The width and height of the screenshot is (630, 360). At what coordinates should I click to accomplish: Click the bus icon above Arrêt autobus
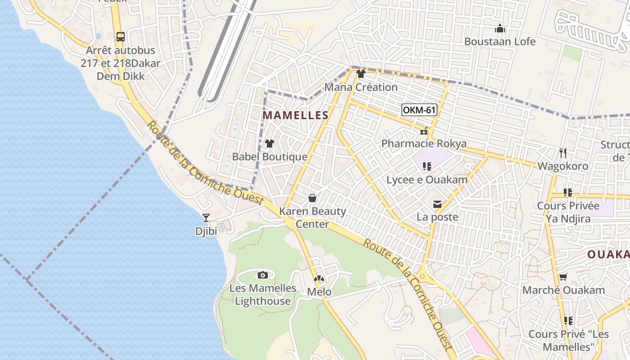120,37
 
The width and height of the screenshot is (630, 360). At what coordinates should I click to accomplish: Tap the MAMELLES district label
296,115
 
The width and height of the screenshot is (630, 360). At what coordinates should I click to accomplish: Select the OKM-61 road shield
419,110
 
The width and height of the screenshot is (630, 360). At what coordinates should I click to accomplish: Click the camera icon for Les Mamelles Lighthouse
263,275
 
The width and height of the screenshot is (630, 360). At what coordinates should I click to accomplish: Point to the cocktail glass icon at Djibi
206,218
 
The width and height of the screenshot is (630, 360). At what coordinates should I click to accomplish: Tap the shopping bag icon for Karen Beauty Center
312,198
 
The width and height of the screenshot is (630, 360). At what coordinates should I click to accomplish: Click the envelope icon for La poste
437,204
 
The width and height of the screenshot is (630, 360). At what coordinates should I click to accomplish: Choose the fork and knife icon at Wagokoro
562,153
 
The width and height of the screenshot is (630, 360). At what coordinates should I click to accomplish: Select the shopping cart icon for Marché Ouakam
563,277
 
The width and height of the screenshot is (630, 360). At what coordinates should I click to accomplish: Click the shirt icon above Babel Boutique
270,144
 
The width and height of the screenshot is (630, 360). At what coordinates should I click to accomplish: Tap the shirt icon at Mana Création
360,74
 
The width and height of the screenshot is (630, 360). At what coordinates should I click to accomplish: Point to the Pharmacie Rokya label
424,144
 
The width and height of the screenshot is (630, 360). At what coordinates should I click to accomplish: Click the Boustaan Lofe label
500,42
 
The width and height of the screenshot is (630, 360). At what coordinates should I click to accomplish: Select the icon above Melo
319,279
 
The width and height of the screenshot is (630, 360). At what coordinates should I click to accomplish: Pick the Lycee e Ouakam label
427,180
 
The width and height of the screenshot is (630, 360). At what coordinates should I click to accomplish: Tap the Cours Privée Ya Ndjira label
568,212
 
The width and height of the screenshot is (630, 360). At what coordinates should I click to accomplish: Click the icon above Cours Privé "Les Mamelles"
568,321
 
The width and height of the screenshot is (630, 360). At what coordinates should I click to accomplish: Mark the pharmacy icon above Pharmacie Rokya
423,131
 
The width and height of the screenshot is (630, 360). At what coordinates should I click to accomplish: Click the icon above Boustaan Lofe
500,29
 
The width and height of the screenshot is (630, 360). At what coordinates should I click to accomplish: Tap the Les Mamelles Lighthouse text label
263,294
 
